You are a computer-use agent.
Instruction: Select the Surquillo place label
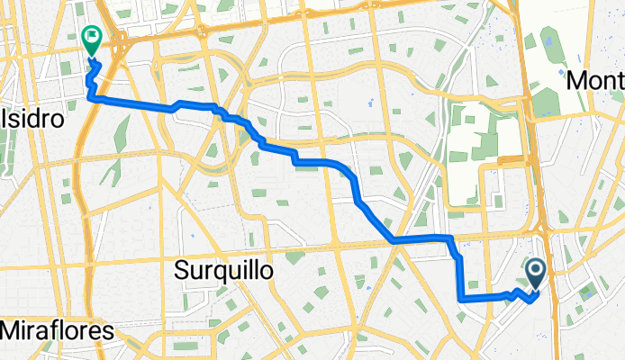point(223,270)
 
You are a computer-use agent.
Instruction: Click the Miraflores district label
point(57,330)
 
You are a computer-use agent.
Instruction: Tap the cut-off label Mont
point(595,80)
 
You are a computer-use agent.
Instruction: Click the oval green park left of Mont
point(547,100)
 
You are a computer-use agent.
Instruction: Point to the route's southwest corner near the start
point(461,298)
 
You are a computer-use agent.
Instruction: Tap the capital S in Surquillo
point(183,270)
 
